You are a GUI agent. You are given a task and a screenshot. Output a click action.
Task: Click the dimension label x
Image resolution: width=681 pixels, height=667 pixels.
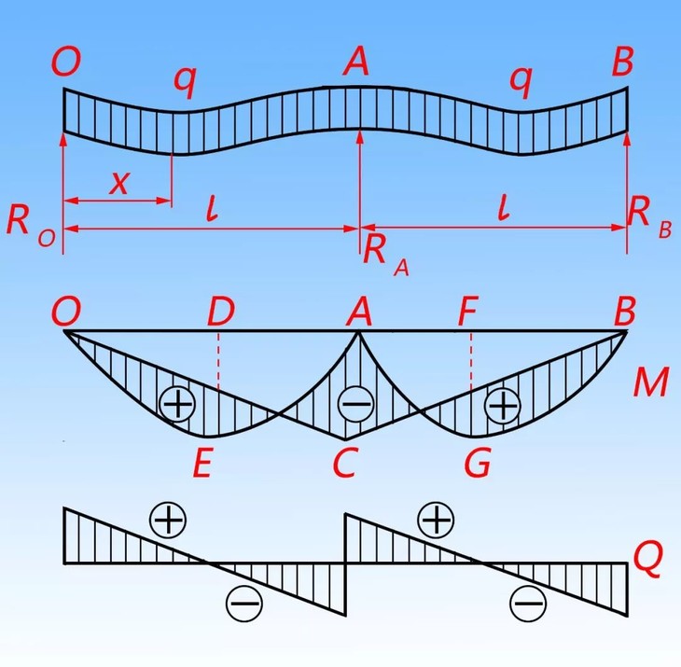119,182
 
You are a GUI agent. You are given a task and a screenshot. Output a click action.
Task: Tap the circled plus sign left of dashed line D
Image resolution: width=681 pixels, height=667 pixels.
176,405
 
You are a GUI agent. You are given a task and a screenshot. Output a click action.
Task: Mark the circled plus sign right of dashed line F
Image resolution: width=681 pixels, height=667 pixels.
503,405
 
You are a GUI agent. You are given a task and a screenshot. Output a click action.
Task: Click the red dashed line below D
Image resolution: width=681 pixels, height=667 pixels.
219,364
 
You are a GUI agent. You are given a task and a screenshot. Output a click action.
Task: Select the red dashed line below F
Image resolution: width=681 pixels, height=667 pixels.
471,364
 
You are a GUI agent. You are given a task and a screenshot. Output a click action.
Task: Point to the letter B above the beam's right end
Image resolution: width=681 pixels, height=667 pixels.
622,63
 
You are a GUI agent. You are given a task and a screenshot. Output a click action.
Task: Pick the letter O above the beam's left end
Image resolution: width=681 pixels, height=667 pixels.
67,63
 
